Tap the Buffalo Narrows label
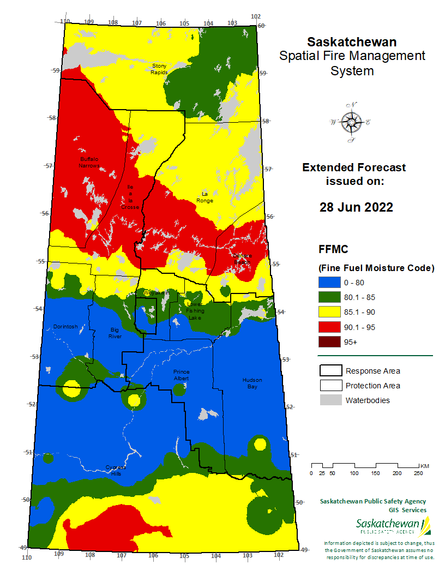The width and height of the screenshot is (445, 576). pos(89,162)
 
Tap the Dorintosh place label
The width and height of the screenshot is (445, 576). pos(65,327)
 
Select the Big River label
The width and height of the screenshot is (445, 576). pos(115,333)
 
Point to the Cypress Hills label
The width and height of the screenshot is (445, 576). pos(115,470)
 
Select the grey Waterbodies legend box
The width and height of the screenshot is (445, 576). pos(330,400)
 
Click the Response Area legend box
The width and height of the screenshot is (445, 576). pos(330,371)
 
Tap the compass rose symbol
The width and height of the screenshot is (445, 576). pos(350,123)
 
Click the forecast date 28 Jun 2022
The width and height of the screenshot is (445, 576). pos(356,207)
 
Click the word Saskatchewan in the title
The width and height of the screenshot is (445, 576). pos(352,42)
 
